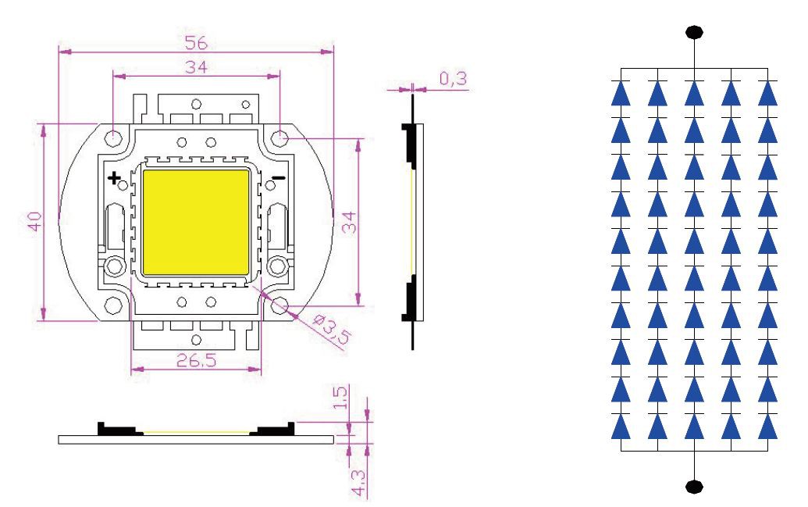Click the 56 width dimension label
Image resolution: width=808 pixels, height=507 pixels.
coord(196,42)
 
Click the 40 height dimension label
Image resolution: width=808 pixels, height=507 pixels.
coord(35,221)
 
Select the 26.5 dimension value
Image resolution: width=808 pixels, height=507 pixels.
coord(196,360)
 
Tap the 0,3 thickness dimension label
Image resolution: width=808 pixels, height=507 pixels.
coord(453,78)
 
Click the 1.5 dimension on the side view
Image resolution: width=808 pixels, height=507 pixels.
coord(340,397)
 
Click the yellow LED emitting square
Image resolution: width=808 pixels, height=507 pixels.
coord(196,222)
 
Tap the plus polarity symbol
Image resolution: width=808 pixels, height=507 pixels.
coord(114,178)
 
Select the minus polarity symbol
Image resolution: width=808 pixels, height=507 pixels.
coord(278,178)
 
